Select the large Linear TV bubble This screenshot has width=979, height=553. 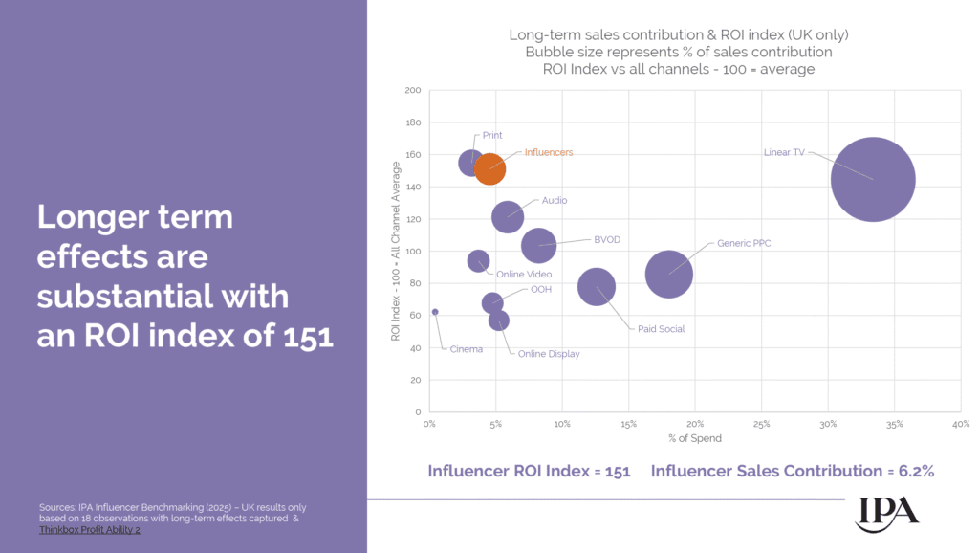click(x=873, y=179)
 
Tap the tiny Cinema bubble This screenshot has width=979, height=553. click(x=435, y=312)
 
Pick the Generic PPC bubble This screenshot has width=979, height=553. click(x=669, y=275)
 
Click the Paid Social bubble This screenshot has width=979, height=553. click(x=597, y=286)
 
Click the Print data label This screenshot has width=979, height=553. click(x=492, y=136)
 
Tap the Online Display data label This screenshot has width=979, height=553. click(x=549, y=354)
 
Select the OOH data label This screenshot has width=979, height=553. click(x=540, y=289)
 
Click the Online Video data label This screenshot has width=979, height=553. click(x=523, y=275)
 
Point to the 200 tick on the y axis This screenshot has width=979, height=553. click(x=413, y=91)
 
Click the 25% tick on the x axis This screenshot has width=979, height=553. click(x=761, y=424)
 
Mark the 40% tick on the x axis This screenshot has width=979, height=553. click(x=960, y=424)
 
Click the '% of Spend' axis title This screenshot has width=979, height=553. click(x=695, y=439)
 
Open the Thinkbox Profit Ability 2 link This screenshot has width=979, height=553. click(x=90, y=529)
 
